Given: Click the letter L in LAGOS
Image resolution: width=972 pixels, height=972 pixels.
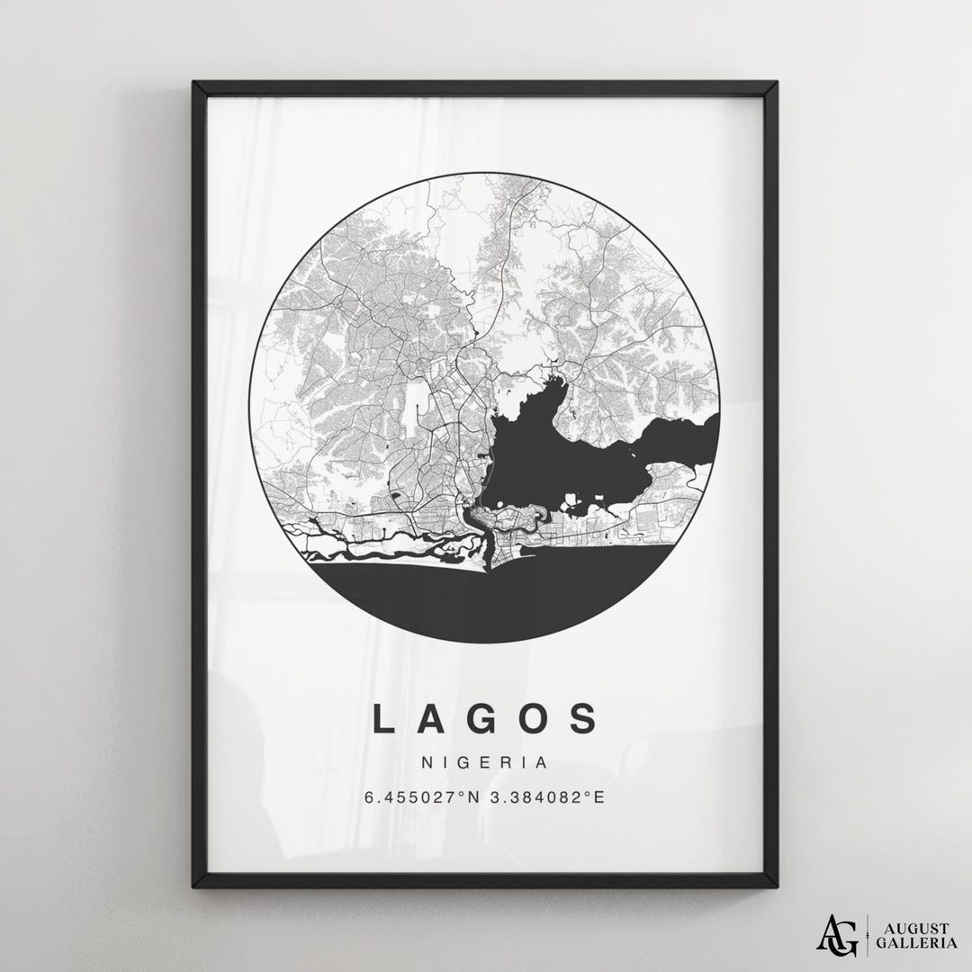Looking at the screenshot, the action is point(382,719).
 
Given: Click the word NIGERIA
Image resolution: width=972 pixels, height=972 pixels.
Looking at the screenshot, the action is point(484,762).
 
